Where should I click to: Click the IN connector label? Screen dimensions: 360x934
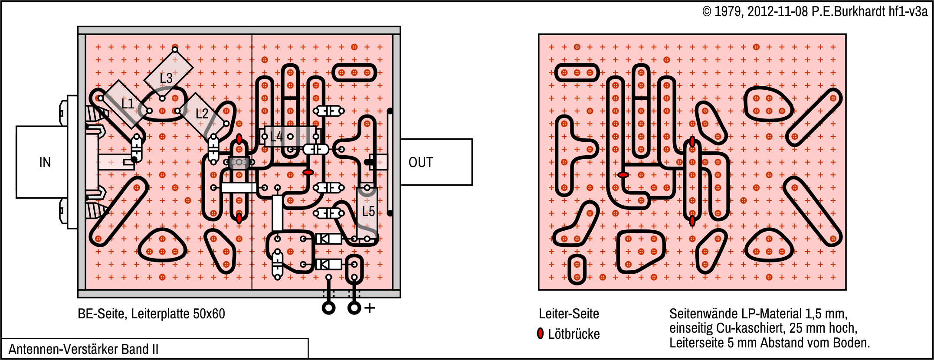[x=45, y=162]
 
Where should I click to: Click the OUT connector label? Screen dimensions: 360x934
[x=420, y=162]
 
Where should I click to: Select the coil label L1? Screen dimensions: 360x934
[x=128, y=104]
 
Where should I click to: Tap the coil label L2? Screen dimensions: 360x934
[x=202, y=114]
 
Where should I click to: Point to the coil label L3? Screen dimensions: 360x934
[x=166, y=78]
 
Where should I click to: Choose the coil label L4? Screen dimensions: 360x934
[x=276, y=137]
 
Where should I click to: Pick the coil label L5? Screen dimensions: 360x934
[x=368, y=211]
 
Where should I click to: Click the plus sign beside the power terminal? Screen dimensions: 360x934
[x=370, y=308]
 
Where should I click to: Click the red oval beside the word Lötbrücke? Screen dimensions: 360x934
[x=540, y=334]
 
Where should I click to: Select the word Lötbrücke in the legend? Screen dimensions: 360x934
[x=574, y=334]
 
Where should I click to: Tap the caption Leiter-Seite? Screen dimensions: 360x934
[x=569, y=314]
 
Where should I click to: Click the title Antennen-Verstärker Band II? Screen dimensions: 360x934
[x=83, y=349]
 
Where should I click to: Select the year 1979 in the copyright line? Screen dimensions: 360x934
[x=728, y=11]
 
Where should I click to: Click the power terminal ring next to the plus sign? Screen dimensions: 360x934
[x=354, y=308]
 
